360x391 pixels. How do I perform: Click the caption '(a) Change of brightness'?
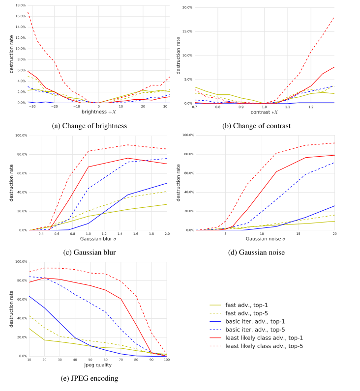[90, 126]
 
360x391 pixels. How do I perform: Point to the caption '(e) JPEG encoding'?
[89, 378]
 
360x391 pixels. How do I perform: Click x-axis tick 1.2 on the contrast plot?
[311, 107]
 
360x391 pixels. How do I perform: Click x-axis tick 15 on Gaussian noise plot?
[298, 234]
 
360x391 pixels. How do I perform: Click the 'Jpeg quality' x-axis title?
[98, 366]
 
